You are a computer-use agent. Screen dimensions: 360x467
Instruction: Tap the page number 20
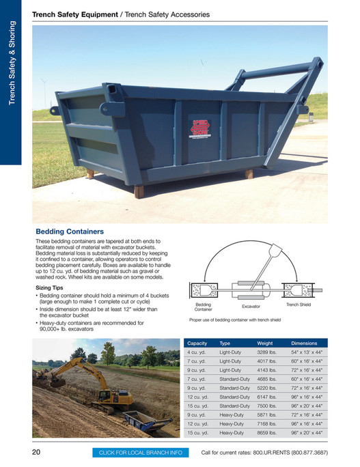(x=37, y=452)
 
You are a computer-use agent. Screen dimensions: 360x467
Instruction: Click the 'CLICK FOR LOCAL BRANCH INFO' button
(x=141, y=453)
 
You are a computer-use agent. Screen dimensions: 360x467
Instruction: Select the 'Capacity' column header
(x=197, y=343)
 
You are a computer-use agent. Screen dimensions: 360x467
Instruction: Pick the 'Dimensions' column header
(x=304, y=343)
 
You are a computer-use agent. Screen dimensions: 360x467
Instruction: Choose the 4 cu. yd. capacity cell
(x=196, y=352)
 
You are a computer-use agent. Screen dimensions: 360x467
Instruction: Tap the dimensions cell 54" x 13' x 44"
(x=307, y=352)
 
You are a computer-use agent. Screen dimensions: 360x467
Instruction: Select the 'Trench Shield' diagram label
(x=299, y=305)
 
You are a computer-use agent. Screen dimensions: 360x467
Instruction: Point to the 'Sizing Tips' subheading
(x=51, y=288)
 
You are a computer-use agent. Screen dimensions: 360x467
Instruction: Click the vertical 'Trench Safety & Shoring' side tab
(x=12, y=68)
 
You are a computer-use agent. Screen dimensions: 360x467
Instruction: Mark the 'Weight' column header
(x=265, y=343)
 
